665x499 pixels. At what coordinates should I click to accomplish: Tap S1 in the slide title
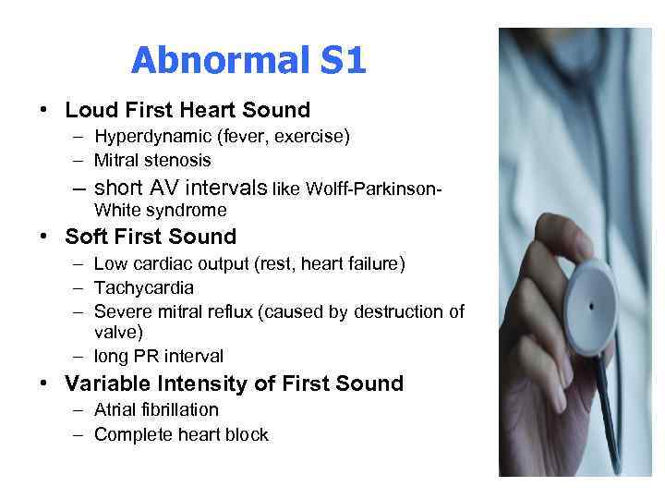344,62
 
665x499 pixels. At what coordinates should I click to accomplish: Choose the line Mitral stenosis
152,160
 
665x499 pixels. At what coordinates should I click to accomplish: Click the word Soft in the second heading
87,237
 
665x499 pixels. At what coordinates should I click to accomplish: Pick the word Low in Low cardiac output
110,264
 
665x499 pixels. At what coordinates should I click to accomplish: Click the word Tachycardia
143,288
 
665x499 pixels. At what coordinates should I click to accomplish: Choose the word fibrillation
179,409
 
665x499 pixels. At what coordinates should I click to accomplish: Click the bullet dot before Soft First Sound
44,237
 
